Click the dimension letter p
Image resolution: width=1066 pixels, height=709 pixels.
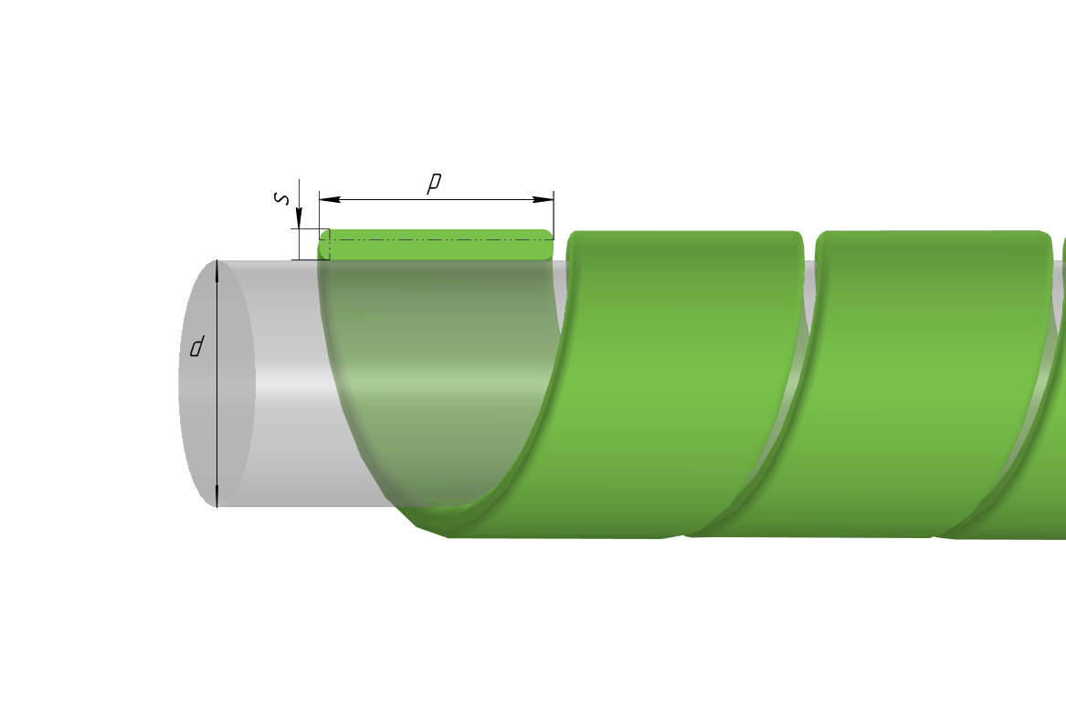pyautogui.click(x=434, y=183)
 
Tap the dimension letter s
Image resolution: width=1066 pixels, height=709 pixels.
pyautogui.click(x=280, y=198)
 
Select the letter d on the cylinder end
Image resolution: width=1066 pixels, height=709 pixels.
pyautogui.click(x=196, y=347)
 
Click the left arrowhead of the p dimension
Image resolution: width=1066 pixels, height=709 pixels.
pyautogui.click(x=329, y=200)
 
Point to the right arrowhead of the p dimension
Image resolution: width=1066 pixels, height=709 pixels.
pyautogui.click(x=544, y=200)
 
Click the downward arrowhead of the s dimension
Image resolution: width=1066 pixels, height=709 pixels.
pyautogui.click(x=299, y=219)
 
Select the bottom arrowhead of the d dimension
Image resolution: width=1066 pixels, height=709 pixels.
pyautogui.click(x=216, y=496)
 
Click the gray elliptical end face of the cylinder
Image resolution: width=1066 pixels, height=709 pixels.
pyautogui.click(x=216, y=384)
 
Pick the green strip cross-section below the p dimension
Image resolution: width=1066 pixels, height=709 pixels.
pyautogui.click(x=437, y=245)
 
